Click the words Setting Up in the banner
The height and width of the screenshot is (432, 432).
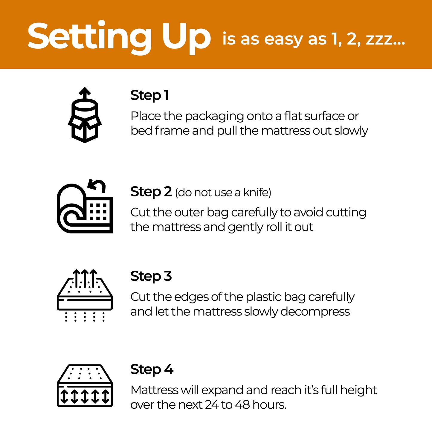pos(119,36)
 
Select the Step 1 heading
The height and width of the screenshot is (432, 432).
pos(149,95)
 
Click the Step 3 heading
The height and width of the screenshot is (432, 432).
pos(151,276)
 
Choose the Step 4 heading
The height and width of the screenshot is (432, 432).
pos(152,369)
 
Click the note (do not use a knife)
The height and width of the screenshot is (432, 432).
pos(223,193)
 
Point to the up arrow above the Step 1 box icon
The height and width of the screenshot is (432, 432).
pos(85,93)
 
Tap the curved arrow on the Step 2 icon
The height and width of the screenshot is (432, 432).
pos(97,185)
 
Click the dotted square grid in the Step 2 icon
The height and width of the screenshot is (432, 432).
pos(98,212)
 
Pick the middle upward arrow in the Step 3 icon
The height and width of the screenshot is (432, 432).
pos(85,278)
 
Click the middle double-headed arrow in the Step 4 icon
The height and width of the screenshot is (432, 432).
pos(85,396)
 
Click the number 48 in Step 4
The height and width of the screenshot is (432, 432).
pos(242,405)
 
